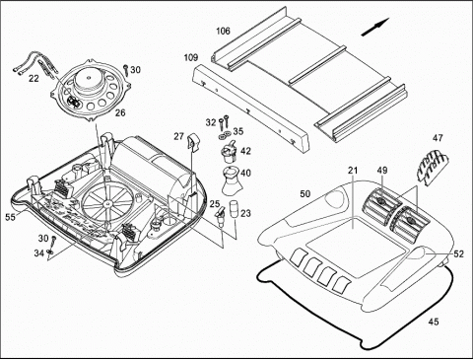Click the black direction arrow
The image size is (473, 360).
pyautogui.click(x=375, y=27)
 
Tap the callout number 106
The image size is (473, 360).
pyautogui.click(x=223, y=31)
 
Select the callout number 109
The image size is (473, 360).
pyautogui.click(x=191, y=57)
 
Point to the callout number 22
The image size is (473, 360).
pyautogui.click(x=34, y=79)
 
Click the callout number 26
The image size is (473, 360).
pyautogui.click(x=120, y=112)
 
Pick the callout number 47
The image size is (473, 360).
pyautogui.click(x=438, y=138)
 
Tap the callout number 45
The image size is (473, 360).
pyautogui.click(x=434, y=322)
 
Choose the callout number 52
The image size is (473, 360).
pyautogui.click(x=458, y=253)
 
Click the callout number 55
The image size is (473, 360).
pyautogui.click(x=10, y=217)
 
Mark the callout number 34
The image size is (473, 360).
pyautogui.click(x=38, y=252)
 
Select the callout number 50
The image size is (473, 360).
pyautogui.click(x=305, y=194)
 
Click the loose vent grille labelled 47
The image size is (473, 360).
pyautogui.click(x=432, y=166)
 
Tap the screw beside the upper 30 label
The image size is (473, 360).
pyautogui.click(x=126, y=69)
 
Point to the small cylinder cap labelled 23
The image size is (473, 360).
pyautogui.click(x=235, y=209)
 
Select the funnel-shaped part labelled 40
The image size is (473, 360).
pyautogui.click(x=233, y=180)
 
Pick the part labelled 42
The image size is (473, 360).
pyautogui.click(x=229, y=152)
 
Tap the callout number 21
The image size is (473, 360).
pyautogui.click(x=353, y=171)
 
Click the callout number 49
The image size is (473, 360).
pyautogui.click(x=382, y=171)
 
